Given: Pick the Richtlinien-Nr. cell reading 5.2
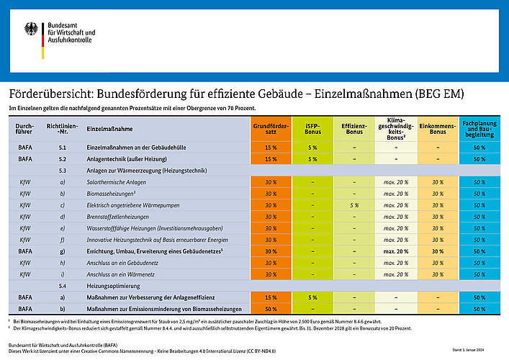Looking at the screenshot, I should (x=63, y=158).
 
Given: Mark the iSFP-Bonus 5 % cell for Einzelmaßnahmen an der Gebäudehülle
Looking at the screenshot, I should (x=312, y=147).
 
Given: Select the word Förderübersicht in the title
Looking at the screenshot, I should (x=48, y=94).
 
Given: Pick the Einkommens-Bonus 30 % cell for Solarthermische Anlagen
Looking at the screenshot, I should (x=437, y=182).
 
